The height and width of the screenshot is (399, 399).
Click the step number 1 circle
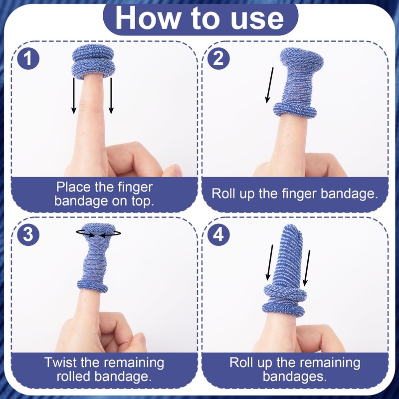[x=28, y=58]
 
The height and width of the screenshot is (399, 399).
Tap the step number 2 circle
[x=218, y=58]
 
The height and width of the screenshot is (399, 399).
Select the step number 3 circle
[x=28, y=234]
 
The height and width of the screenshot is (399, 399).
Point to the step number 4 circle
[x=218, y=234]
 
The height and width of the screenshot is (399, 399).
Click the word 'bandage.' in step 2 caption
[x=349, y=194]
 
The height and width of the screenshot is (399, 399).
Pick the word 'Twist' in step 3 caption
[x=61, y=363]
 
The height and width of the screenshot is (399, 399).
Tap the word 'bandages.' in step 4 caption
[x=295, y=377]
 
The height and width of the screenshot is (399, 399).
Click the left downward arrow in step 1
[x=74, y=96]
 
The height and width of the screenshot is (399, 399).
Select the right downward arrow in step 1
[x=111, y=96]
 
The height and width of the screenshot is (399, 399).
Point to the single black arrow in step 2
[x=269, y=85]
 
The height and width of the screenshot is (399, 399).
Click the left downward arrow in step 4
[x=269, y=262]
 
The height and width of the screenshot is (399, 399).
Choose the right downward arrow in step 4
[x=306, y=268]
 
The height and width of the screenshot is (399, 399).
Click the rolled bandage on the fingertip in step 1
[x=93, y=61]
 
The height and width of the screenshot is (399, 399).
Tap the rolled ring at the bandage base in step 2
[x=295, y=110]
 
